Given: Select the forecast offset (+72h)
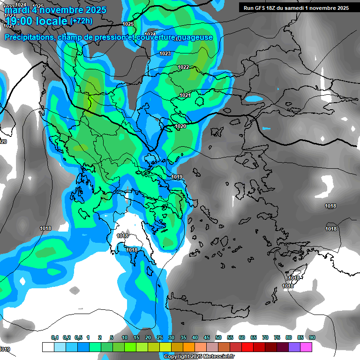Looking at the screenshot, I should [81, 21].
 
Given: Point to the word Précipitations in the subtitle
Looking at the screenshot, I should [29, 37].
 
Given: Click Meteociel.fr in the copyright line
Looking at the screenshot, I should [209, 357].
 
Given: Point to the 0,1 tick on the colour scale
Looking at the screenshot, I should [54, 338].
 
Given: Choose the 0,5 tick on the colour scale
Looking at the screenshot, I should [78, 338].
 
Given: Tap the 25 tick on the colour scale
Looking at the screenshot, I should [160, 338].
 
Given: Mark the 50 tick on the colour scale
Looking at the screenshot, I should [218, 338].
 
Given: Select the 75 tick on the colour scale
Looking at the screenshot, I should [277, 338].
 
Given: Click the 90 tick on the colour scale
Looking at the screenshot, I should [312, 338].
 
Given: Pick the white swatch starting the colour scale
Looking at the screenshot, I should [48, 347].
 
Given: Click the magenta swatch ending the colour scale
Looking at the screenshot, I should [306, 347].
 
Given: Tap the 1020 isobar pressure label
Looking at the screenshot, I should [180, 127].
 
